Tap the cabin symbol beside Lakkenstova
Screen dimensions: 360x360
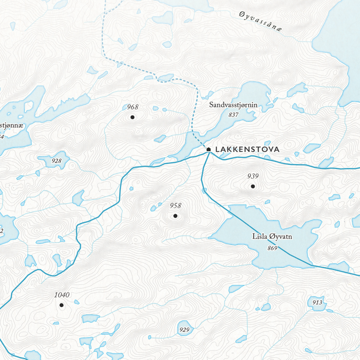click(209, 149)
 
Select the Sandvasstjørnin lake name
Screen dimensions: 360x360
click(233, 105)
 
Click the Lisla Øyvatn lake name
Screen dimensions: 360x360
click(272, 237)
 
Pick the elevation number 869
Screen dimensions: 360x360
click(273, 248)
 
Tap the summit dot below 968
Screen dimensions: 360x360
click(132, 117)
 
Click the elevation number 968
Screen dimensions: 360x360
click(133, 107)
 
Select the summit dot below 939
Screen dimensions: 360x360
click(252, 187)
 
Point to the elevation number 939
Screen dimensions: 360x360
click(253, 177)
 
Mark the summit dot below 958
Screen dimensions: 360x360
click(175, 216)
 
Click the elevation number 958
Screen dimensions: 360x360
click(175, 206)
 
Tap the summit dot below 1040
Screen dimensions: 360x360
click(62, 305)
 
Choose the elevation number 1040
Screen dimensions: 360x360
click(62, 295)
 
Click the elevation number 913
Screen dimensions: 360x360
click(318, 303)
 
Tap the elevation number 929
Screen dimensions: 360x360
click(184, 329)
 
